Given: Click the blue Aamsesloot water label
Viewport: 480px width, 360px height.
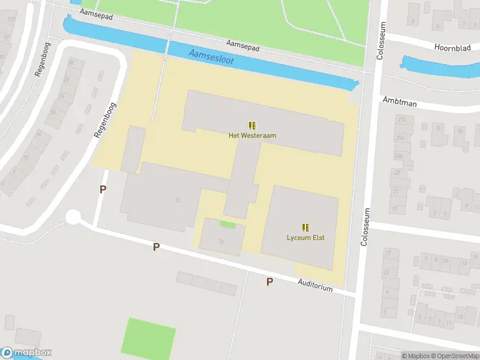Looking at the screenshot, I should [x=211, y=58].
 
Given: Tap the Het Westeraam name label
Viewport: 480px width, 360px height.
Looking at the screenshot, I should [x=252, y=136].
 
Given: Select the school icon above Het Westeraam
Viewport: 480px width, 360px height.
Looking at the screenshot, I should [x=252, y=125].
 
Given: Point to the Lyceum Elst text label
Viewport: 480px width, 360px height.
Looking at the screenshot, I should [x=305, y=238].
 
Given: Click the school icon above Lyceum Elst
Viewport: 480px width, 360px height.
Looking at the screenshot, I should [x=305, y=227].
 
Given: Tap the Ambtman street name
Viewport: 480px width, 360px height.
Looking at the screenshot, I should [x=399, y=103].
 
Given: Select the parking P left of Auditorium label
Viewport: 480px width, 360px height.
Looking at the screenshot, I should [x=269, y=281].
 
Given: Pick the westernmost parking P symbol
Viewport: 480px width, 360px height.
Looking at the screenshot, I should [x=103, y=189].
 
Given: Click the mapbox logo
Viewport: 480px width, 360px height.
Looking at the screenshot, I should [x=26, y=353].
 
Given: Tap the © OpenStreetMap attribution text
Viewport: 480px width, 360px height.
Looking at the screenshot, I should [x=453, y=356].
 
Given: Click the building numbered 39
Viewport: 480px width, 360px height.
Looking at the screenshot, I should [x=221, y=241].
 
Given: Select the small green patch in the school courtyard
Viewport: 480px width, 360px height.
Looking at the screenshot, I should [x=227, y=224].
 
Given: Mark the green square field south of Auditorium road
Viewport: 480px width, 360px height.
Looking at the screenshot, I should [x=149, y=337].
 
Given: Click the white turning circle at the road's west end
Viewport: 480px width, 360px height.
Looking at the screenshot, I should [x=73, y=217].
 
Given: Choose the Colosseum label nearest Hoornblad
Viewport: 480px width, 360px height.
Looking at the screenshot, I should [x=380, y=41].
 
